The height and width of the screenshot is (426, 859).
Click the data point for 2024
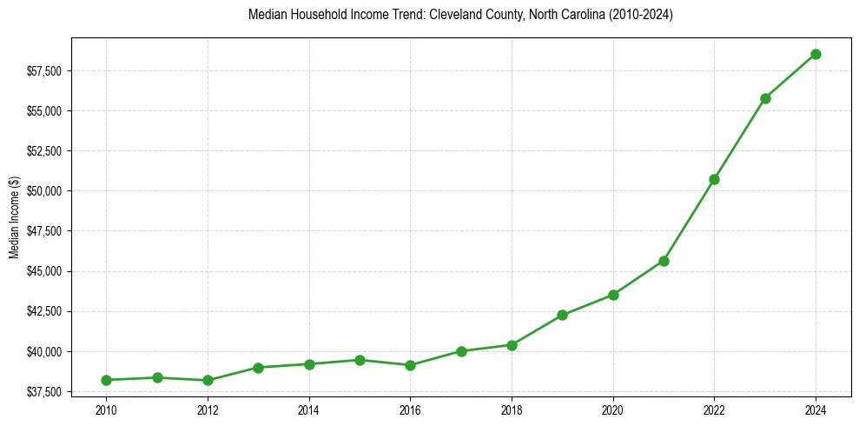coord(816,54)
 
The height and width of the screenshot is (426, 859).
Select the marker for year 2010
coord(106,380)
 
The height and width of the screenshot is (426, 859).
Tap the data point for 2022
coord(714,179)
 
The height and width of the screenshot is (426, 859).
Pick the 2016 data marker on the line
coord(410,365)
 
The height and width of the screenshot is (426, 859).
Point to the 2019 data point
coord(562,315)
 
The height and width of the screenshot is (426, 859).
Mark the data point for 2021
coord(664,261)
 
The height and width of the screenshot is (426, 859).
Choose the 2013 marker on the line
coord(258,368)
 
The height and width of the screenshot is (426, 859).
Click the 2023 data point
coord(765,98)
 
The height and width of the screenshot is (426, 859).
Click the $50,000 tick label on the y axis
coord(45,191)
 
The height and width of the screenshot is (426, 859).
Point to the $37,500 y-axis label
coord(45,392)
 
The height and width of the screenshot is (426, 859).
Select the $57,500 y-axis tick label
coord(45,70)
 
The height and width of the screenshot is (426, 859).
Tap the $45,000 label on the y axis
coord(45,271)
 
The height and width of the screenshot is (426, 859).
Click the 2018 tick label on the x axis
coord(512,409)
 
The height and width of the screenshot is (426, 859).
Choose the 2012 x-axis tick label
coord(208,409)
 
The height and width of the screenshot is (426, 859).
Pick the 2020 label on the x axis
coord(613,409)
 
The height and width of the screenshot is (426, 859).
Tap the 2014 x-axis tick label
coord(308,409)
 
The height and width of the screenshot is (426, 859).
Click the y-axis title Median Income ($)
coord(14,217)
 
